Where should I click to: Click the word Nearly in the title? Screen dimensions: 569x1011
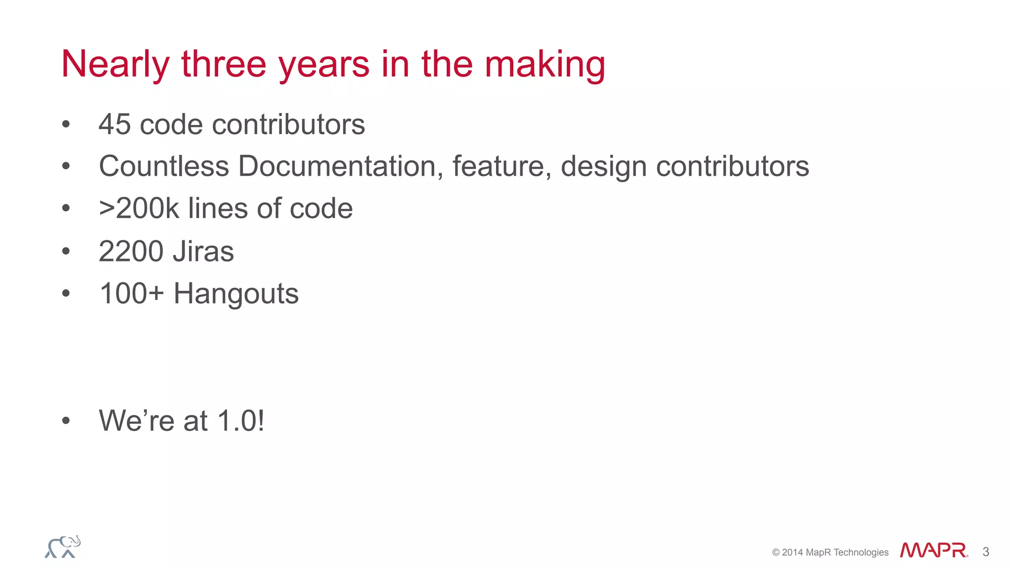point(116,65)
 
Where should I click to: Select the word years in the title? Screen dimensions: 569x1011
point(324,65)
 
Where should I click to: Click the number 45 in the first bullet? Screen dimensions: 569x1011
point(115,124)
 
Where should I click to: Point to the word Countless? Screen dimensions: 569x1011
point(164,166)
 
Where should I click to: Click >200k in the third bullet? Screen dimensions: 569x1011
point(139,209)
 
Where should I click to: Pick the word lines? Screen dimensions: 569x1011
point(217,209)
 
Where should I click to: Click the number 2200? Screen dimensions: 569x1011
point(131,252)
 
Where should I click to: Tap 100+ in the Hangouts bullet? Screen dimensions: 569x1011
point(131,294)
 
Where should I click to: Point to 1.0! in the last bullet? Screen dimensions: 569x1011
point(240,421)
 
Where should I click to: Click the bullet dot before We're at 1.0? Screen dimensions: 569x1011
point(66,421)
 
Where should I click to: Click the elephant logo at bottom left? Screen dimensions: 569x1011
point(63,547)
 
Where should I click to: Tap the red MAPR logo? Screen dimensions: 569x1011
point(933,550)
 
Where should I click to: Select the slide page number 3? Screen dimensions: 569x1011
point(986,552)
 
